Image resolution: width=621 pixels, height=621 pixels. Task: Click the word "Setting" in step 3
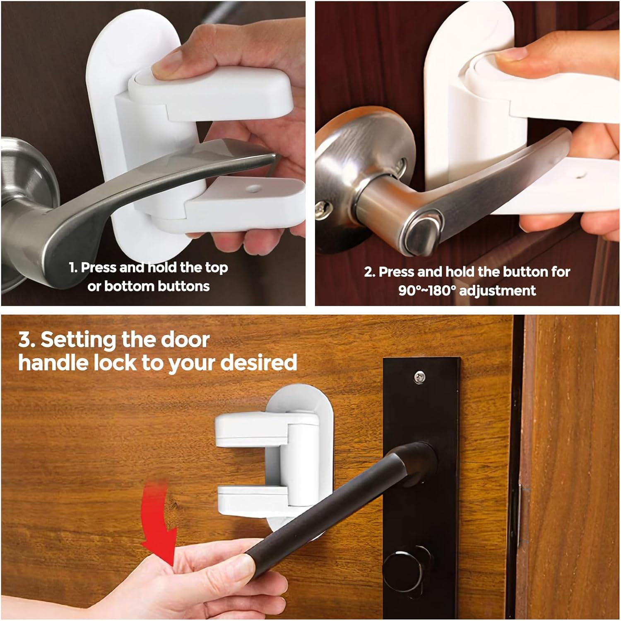tap(78, 340)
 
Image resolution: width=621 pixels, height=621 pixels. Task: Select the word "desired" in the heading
tap(259, 363)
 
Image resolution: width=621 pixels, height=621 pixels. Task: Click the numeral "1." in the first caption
tap(74, 268)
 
